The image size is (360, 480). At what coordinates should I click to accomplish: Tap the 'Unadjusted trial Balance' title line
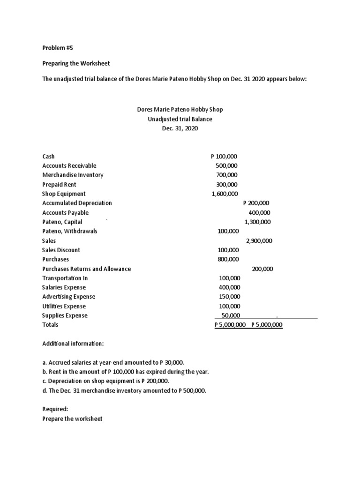[180, 119]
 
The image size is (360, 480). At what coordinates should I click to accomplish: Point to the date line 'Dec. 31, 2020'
[180, 128]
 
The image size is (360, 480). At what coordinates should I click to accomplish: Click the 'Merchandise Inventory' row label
[73, 175]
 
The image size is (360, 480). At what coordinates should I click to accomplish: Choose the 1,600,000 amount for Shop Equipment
[225, 194]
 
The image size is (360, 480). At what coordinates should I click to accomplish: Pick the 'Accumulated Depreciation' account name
[77, 203]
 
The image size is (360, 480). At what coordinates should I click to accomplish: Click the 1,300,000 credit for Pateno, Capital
[257, 222]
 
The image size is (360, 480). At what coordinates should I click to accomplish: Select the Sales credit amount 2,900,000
[259, 241]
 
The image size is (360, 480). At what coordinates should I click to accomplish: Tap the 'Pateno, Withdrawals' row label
[70, 231]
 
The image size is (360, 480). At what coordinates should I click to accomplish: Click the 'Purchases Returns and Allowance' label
[86, 269]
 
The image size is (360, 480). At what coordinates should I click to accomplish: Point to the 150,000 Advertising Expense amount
[229, 297]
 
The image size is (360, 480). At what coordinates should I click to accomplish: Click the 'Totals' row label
[51, 324]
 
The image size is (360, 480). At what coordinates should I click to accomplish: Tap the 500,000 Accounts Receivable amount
[226, 165]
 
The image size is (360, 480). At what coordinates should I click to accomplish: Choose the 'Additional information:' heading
[73, 344]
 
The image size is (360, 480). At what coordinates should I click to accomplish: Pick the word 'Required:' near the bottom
[55, 409]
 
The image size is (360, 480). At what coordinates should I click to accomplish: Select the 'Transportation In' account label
[65, 278]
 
